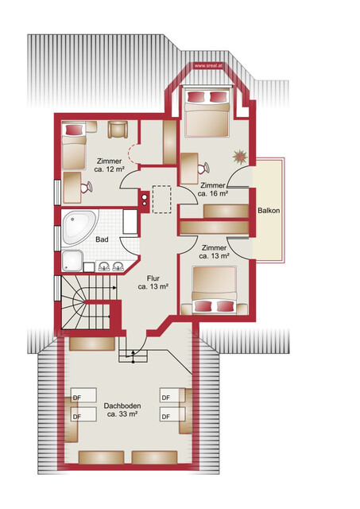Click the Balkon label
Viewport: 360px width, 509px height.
pos(269,210)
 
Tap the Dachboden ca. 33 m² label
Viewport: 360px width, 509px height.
pos(122,410)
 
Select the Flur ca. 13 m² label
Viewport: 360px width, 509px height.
pos(153,282)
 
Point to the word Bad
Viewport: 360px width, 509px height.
pos(102,239)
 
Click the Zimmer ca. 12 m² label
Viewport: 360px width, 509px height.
pos(110,165)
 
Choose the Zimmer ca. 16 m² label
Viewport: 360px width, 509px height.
pos(212,189)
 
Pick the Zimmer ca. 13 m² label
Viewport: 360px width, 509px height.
pos(214,252)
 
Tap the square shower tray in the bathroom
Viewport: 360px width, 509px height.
pos(72,261)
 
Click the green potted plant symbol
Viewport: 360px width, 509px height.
pos(240,157)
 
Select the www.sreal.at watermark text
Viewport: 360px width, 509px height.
pos(208,65)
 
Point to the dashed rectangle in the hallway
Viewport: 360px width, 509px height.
pos(162,200)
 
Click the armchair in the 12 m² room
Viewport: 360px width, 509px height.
pos(118,129)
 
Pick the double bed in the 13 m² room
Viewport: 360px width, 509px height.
pos(215,289)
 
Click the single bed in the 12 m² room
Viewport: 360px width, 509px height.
pos(74,146)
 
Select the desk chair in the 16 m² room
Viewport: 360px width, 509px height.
pos(203,168)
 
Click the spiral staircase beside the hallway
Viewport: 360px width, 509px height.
pos(85,302)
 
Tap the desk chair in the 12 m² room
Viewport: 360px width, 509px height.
pos(87,188)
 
